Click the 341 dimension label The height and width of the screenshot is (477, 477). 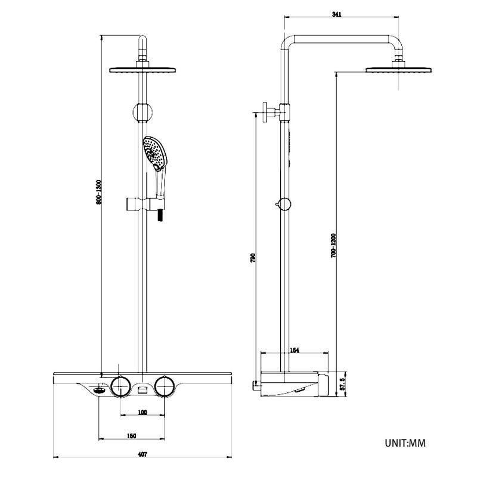point(336,16)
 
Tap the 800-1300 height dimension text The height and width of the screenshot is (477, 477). point(100,193)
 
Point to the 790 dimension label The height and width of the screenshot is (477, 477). point(253,258)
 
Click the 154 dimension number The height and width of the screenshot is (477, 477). point(294,351)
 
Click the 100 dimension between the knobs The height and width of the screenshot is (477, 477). point(142,412)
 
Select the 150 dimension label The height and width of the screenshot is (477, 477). point(131,436)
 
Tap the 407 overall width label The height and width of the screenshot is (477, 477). point(142,454)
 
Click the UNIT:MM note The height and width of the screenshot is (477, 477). point(405,443)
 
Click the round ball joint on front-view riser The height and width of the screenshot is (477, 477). point(142,111)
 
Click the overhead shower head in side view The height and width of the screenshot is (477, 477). point(399,69)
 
